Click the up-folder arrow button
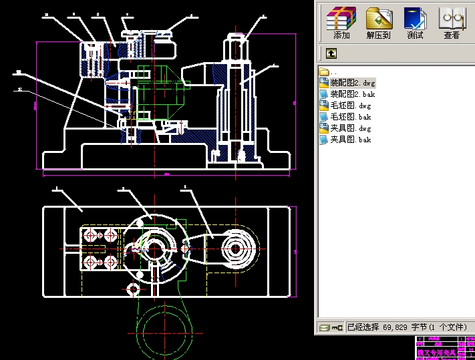click(331, 53)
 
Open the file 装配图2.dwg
click(352, 83)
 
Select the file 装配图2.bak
click(352, 94)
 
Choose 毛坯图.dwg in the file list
click(350, 106)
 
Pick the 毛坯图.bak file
click(350, 117)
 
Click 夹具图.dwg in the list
click(350, 128)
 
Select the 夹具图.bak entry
click(350, 140)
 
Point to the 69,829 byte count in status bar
click(395, 327)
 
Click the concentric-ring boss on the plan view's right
click(235, 248)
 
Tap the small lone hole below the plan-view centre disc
click(133, 289)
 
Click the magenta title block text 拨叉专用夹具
click(436, 352)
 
